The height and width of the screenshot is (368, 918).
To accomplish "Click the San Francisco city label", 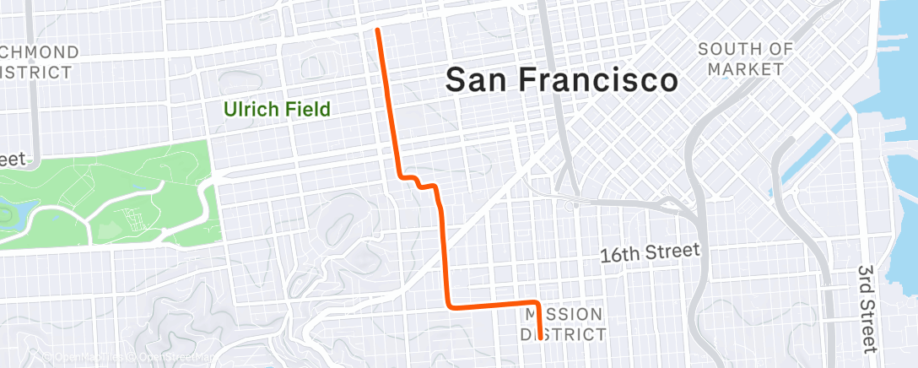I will coord(561,80).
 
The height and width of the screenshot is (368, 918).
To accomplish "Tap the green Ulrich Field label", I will coord(276,109).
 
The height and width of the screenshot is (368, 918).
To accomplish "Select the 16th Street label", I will coord(650,252).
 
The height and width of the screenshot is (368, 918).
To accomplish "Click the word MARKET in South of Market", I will coord(746,68).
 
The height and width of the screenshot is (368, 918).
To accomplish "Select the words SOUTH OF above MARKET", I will coord(746,49).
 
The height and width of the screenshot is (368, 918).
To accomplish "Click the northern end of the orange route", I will coord(377,30).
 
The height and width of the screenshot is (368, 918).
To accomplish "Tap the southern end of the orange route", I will coord(540,339).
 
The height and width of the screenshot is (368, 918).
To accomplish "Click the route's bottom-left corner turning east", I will coord(449,304).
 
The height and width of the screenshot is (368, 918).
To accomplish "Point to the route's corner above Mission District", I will coord(536,302).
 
